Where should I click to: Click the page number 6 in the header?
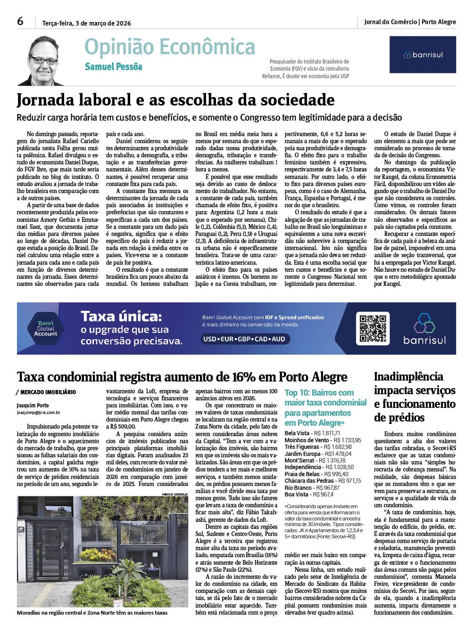click(x=20, y=21)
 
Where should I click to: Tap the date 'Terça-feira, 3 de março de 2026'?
click(x=86, y=23)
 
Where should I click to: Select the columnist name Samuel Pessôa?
click(x=113, y=66)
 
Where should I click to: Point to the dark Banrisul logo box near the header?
click(x=423, y=55)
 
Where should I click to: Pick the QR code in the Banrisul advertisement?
click(x=372, y=328)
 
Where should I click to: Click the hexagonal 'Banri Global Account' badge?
click(x=46, y=328)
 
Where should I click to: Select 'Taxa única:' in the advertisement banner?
click(x=121, y=316)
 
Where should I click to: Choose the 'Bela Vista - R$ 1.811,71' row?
click(x=312, y=433)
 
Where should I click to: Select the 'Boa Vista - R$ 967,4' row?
click(x=309, y=495)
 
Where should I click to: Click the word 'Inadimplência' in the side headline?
click(x=408, y=376)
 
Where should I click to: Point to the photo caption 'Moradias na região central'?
click(x=92, y=613)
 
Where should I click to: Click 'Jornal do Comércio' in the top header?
click(x=390, y=22)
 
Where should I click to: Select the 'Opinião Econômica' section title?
click(x=170, y=47)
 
